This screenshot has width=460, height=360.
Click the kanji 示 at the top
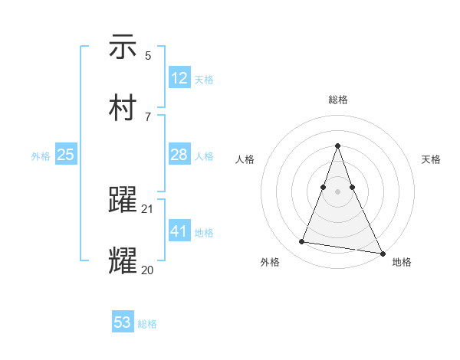[123, 47]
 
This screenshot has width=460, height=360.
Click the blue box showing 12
[179, 78]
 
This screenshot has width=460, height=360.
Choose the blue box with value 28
[179, 155]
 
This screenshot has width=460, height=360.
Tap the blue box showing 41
[179, 231]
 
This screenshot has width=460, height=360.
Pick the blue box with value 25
[66, 155]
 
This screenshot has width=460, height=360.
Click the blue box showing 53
[123, 322]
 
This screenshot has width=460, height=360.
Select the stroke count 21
[148, 208]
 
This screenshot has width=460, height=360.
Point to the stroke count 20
[148, 270]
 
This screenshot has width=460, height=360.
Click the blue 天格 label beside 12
[204, 80]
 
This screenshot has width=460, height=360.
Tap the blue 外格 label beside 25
[41, 156]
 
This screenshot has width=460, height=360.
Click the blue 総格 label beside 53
[147, 324]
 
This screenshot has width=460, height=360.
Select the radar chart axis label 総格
[337, 100]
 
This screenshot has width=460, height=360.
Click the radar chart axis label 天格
[431, 159]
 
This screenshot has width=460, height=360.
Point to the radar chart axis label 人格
[245, 159]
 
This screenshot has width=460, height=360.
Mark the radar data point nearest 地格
[382, 252]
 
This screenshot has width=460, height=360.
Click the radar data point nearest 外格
[302, 242]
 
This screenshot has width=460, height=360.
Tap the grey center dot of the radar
[337, 191]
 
